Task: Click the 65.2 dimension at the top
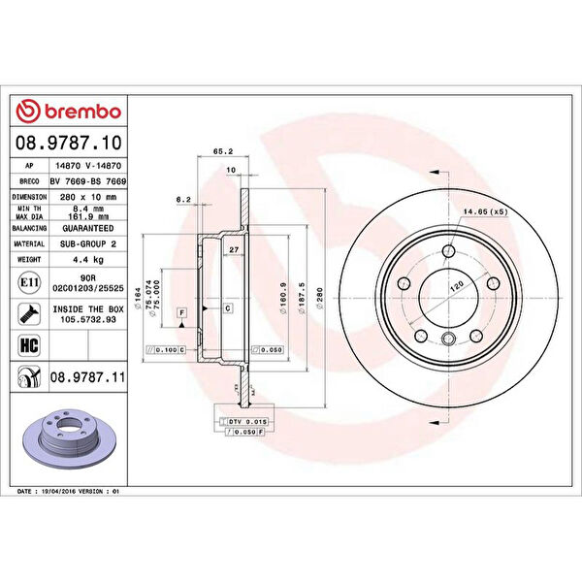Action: tap(222, 151)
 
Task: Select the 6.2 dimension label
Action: tap(183, 199)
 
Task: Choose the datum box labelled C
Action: tap(227, 308)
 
